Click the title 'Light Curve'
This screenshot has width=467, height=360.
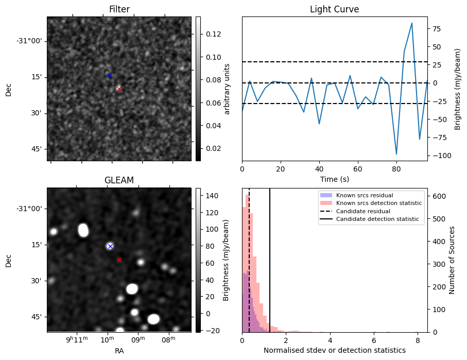point(334,9)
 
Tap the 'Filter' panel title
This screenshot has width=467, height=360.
point(119,9)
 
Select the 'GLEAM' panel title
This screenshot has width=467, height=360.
point(119,180)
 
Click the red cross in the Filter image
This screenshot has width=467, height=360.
point(119,89)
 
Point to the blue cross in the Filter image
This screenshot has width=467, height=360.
point(109,76)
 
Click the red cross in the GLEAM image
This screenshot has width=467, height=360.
point(119,260)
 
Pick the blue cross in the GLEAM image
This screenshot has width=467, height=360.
point(110,246)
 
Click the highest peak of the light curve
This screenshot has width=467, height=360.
point(412,23)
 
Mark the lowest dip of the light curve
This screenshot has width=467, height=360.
point(396,154)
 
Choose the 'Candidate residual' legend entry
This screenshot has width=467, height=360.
point(360,211)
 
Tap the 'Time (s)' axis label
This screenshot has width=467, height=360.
point(334,179)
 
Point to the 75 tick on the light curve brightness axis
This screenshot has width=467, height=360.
point(436,29)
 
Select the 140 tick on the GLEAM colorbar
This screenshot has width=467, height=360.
point(213,196)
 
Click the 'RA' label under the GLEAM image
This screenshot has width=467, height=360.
point(119,351)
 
